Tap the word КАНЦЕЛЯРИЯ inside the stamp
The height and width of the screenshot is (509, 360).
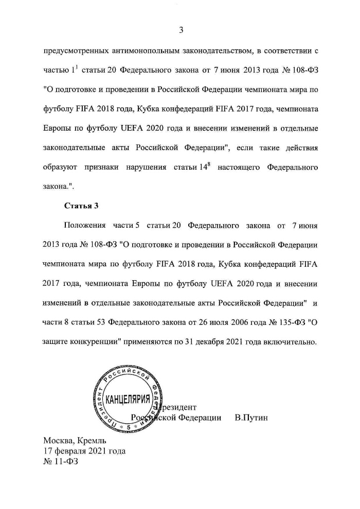(x=128, y=399)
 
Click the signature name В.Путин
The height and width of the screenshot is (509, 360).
(x=251, y=417)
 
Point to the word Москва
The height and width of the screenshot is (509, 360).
(x=59, y=441)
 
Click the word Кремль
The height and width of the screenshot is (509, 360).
(x=92, y=441)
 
